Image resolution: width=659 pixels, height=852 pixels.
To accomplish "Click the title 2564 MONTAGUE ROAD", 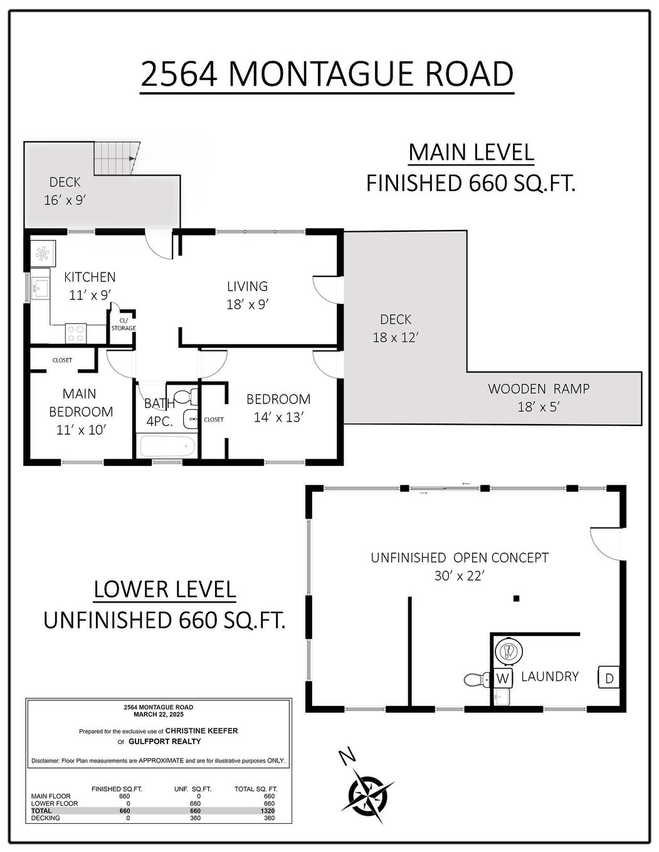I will (x=327, y=73).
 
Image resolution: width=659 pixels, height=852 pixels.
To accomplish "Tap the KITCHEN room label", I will (x=90, y=277).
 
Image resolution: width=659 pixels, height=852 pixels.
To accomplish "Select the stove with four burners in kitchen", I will (x=76, y=333).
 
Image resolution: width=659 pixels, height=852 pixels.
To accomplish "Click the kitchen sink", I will (x=41, y=289).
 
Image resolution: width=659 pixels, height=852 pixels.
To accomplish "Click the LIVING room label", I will (x=247, y=286).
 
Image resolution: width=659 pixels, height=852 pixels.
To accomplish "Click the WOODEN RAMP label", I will (x=539, y=388).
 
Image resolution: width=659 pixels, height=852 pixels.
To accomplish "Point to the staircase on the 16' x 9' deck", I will (x=116, y=158).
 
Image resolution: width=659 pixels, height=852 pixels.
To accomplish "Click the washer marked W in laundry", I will (x=503, y=678).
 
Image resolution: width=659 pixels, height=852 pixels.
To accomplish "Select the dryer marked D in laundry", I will (x=609, y=677).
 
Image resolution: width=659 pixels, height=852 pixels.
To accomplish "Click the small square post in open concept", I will (x=516, y=598).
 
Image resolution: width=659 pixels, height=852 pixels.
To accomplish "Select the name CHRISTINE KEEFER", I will (x=201, y=730).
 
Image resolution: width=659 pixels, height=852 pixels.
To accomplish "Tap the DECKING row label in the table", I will (x=46, y=818).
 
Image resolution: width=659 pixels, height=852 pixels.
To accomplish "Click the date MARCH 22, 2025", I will (x=159, y=714).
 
